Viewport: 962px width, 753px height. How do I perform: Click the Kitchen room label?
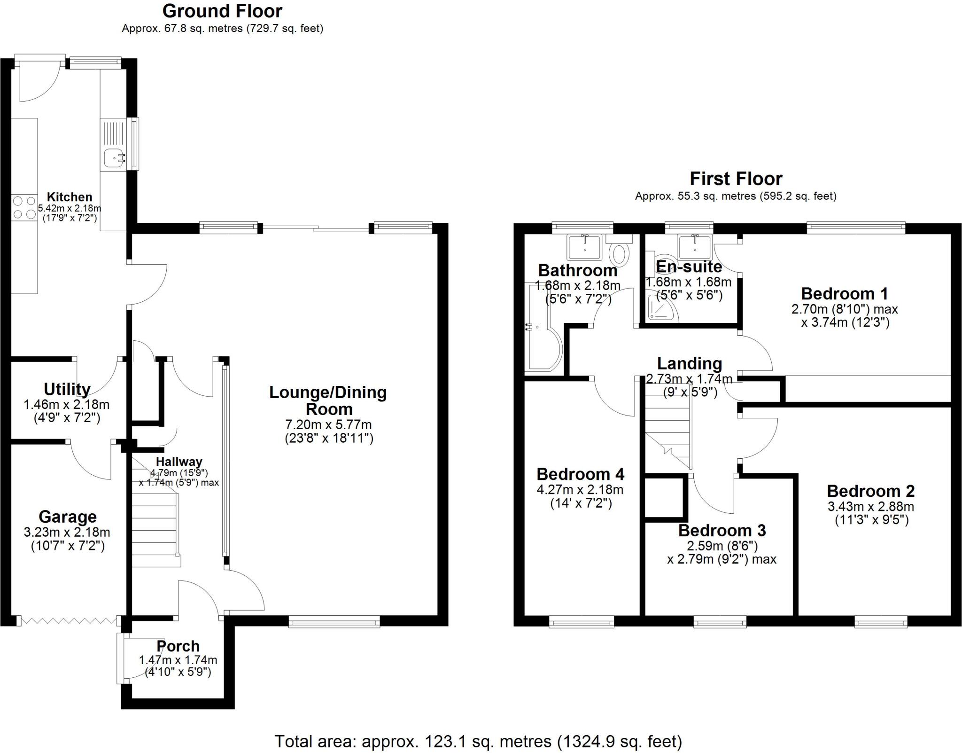coord(69,197)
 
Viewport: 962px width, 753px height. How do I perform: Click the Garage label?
coord(68,517)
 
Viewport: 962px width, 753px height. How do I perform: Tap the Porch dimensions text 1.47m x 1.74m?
coord(178,660)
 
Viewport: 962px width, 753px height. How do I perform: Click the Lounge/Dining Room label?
coord(328,400)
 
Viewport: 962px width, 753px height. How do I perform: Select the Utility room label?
coord(67,389)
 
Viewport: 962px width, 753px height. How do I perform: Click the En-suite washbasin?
coord(693,245)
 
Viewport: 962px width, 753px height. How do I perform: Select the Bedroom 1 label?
coord(844,294)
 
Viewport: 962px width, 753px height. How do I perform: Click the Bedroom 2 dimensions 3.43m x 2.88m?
coord(870,507)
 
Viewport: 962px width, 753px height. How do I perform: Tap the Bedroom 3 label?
coord(722,530)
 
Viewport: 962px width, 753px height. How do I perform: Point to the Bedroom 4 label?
coord(580,474)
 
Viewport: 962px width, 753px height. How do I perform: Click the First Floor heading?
coord(736,179)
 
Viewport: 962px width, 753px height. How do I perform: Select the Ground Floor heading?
coord(222,11)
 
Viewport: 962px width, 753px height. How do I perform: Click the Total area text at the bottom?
coord(478,741)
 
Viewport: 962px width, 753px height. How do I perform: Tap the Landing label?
coord(689,363)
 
